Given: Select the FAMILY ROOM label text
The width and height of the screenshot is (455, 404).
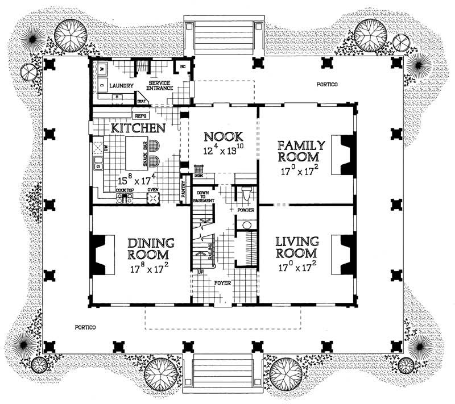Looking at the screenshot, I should click(x=300, y=151).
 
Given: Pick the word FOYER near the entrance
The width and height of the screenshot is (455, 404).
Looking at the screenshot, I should click(x=222, y=282).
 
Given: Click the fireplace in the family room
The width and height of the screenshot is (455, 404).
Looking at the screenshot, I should click(x=345, y=154).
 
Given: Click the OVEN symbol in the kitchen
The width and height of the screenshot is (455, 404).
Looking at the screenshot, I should click(x=153, y=198).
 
